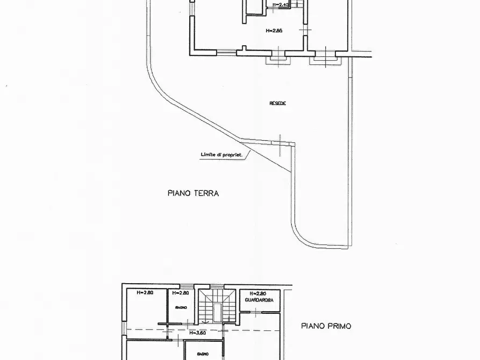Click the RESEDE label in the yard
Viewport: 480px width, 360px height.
277,103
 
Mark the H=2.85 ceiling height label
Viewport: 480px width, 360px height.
274,31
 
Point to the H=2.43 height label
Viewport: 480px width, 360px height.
281,5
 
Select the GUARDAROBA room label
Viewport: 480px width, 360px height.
259,301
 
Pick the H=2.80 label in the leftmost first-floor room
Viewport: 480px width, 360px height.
145,293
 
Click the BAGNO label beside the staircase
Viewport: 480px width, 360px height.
181,307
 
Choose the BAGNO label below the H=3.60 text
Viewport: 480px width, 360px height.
203,355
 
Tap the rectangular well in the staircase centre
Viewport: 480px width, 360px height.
217,310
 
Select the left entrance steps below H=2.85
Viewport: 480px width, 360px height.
278,60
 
